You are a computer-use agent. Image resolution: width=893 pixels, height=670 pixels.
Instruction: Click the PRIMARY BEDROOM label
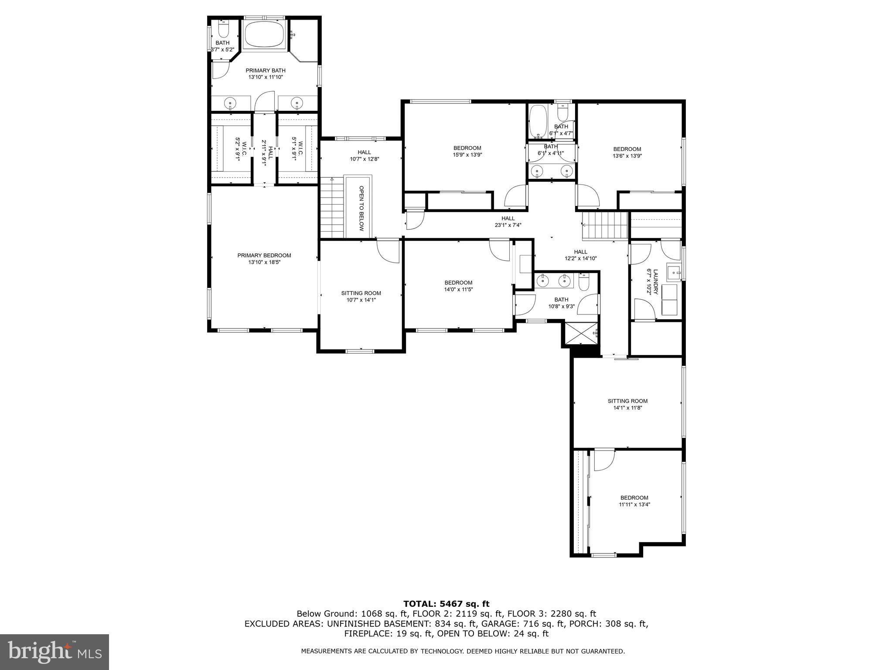[x=264, y=256]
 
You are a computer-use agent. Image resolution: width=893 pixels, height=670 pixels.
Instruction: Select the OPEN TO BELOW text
[x=361, y=209]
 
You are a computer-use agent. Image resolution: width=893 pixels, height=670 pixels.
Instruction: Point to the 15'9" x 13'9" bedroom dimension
[x=467, y=154]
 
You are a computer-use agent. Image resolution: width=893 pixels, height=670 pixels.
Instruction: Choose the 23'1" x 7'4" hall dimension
[x=508, y=225]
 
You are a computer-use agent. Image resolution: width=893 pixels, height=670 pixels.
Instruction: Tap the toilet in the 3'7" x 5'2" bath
[x=223, y=29]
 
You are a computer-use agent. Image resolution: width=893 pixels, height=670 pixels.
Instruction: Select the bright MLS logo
[x=55, y=652]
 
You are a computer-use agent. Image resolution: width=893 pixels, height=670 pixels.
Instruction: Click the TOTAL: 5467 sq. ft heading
[x=446, y=604]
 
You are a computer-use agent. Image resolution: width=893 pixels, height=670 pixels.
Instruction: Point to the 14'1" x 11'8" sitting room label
[x=627, y=404]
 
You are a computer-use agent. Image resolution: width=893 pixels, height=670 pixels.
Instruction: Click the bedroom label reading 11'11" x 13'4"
[x=634, y=504]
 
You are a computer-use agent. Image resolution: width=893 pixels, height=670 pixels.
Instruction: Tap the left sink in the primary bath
[x=230, y=103]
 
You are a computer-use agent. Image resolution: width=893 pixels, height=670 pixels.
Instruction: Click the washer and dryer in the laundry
[x=669, y=300]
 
